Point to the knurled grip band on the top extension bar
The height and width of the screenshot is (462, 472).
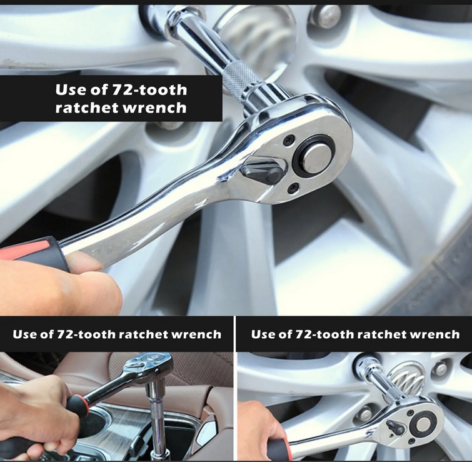point(244,81)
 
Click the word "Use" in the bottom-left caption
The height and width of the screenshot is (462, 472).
point(25,334)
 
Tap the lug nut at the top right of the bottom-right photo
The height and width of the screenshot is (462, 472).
point(441,369)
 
